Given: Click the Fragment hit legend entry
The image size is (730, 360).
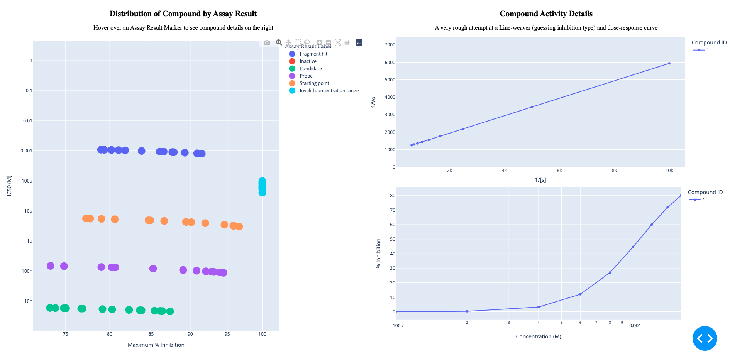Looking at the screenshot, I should (x=313, y=54).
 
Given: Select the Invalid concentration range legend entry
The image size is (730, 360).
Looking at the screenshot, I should (x=329, y=91).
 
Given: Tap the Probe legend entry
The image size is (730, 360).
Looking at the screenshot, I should (x=306, y=76).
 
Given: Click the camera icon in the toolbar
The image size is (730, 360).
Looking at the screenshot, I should (x=267, y=42).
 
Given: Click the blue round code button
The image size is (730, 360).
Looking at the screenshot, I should (x=705, y=338).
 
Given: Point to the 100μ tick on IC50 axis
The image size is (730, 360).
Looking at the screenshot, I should (x=27, y=181).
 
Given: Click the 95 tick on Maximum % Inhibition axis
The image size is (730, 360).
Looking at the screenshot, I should (x=227, y=334).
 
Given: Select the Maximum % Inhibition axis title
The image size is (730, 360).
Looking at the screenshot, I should (x=156, y=345).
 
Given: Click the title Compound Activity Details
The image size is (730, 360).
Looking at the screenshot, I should (x=546, y=14).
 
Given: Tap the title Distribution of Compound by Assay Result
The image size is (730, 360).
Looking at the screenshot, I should (x=183, y=14).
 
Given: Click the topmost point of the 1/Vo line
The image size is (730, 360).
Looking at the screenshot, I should (x=669, y=63).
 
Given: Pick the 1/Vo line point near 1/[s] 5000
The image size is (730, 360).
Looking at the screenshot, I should (x=532, y=107).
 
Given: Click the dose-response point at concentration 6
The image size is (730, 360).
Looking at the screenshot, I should (x=580, y=294).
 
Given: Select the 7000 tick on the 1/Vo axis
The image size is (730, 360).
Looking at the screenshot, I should (x=390, y=45).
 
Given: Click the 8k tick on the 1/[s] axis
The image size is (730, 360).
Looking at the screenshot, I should (x=614, y=171).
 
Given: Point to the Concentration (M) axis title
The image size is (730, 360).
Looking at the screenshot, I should (x=538, y=336).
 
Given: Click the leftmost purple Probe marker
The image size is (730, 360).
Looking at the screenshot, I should (x=51, y=266).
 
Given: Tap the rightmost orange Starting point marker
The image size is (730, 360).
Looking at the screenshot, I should (x=239, y=226).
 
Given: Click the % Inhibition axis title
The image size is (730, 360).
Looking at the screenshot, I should (x=378, y=253).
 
